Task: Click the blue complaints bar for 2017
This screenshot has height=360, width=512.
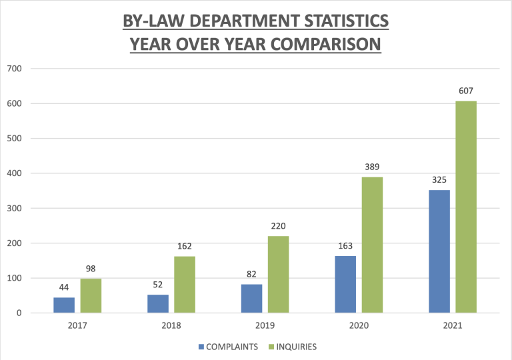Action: tap(64, 305)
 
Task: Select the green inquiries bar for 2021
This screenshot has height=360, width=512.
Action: tap(466, 207)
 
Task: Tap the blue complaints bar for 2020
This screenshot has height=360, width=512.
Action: tap(345, 284)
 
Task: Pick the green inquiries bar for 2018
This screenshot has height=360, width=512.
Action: tap(185, 284)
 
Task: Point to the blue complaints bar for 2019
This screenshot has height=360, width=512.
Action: tap(251, 298)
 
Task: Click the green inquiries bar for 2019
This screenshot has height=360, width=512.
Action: tap(279, 274)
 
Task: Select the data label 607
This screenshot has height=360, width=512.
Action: tap(466, 91)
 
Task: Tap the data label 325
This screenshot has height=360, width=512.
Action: tap(439, 179)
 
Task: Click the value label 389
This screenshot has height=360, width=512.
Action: tap(373, 167)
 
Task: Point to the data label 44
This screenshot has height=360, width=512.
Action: tap(64, 287)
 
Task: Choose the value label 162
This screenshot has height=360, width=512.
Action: tap(185, 246)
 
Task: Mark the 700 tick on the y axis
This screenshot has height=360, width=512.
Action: tap(15, 69)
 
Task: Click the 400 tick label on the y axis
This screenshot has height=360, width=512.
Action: tap(15, 173)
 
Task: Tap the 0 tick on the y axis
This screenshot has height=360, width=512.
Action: tap(19, 313)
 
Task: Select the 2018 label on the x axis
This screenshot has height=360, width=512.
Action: tap(171, 326)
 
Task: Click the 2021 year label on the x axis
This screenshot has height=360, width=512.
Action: tap(452, 326)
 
